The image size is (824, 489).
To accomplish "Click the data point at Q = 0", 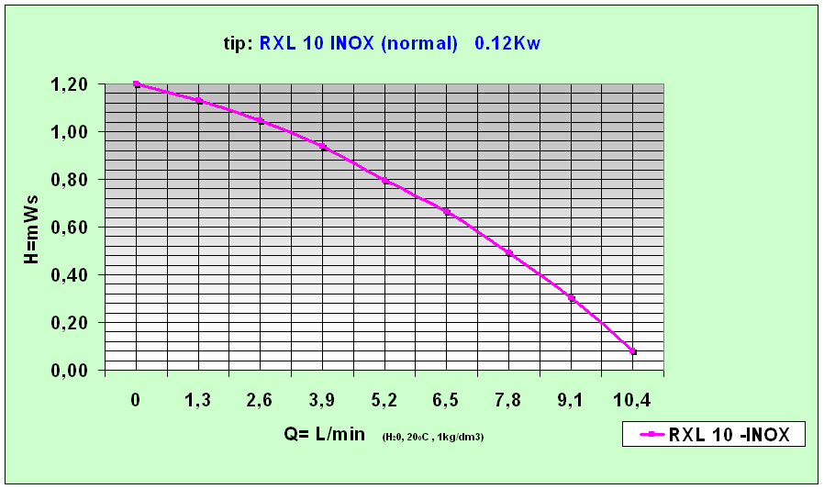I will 136,84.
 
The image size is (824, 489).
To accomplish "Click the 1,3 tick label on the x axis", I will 198,401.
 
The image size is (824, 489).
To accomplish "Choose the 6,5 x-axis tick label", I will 447,401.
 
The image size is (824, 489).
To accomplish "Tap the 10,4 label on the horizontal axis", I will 633,401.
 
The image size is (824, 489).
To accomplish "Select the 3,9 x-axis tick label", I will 322,401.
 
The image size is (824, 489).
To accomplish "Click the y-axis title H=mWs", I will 31,228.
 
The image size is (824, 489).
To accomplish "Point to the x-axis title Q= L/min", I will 325,434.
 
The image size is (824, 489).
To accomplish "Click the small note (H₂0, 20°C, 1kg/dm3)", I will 433,437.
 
